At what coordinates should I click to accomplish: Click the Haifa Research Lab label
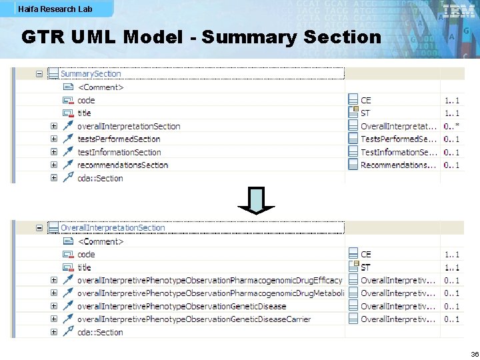55,9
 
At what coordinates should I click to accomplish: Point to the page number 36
474,354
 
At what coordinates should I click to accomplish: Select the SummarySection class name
91,74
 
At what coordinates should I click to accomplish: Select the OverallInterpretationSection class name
113,228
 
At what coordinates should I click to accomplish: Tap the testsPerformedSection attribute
119,139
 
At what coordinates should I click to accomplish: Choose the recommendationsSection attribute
123,165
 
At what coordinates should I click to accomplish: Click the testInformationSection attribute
119,152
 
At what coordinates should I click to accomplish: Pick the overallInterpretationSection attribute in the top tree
129,126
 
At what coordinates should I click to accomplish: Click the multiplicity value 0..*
451,126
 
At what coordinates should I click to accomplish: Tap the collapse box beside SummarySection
39,74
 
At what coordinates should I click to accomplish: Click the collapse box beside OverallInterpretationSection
39,228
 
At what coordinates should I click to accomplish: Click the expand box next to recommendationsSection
53,165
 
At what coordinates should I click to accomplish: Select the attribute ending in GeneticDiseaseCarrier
194,319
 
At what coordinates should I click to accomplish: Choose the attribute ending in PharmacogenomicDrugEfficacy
209,280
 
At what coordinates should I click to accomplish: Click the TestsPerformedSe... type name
399,139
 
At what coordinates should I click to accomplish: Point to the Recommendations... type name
399,165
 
